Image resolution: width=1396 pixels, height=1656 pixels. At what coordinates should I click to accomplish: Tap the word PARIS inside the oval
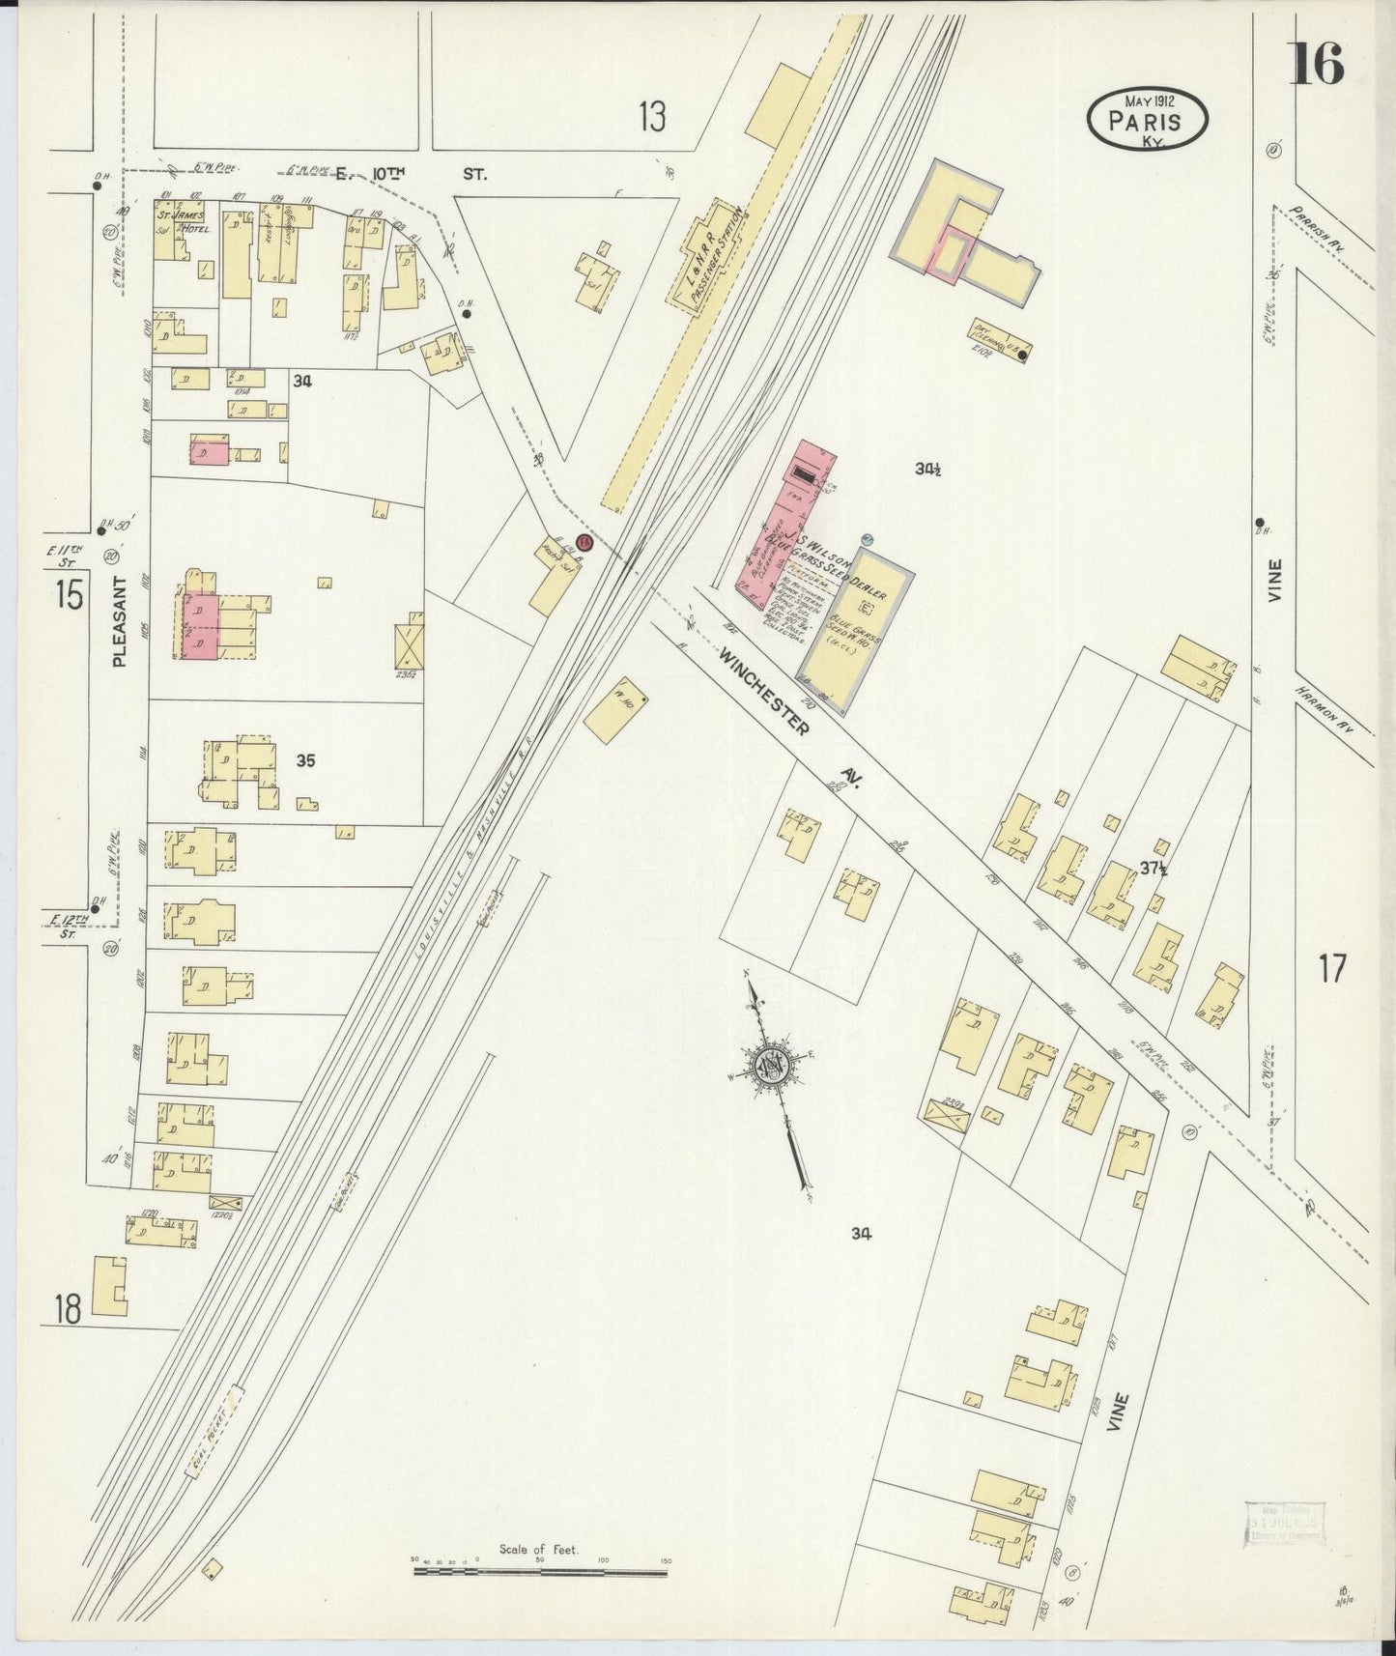coord(1146,122)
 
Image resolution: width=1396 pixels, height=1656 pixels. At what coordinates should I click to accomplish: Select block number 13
coord(652,118)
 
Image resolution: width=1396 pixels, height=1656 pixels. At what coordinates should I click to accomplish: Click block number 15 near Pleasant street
coord(69,594)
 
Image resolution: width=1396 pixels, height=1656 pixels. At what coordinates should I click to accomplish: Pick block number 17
coord(1331,967)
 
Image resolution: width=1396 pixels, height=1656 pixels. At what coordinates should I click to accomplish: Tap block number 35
coord(305,761)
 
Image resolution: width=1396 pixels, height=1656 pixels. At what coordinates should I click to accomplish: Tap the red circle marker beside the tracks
coord(584,544)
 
